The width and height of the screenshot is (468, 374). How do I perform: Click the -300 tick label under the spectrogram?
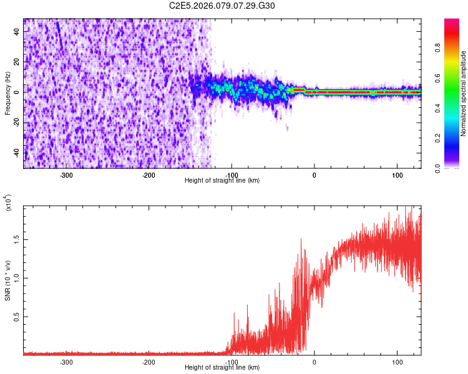coord(66,175)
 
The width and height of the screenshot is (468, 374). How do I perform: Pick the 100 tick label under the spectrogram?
coord(397,175)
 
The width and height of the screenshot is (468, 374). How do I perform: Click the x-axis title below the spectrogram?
coord(222,180)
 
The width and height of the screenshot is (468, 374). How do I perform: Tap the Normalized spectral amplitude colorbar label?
coord(463,93)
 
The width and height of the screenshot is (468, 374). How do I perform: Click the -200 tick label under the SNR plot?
coord(149,362)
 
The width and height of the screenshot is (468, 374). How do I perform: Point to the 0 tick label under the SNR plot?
coord(314,362)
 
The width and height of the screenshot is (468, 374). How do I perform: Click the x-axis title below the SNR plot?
coord(222,367)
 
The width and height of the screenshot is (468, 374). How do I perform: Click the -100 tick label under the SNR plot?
coord(232,362)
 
